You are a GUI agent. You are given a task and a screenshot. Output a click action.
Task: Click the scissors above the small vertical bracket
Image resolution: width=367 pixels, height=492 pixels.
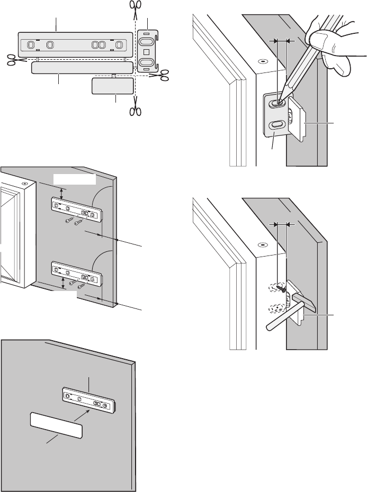tap(135, 9)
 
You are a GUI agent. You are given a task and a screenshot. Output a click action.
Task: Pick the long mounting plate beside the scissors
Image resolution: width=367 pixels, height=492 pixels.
tap(74, 44)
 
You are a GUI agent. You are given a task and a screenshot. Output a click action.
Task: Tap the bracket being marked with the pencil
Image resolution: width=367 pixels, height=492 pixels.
tap(275, 114)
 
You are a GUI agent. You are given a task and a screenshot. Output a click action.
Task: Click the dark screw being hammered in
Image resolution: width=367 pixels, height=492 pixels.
tap(285, 289)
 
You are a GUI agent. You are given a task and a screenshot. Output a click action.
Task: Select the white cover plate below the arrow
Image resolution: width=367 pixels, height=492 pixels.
tap(56, 426)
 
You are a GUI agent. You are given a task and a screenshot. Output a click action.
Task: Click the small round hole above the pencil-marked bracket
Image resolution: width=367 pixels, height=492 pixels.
tap(261, 60)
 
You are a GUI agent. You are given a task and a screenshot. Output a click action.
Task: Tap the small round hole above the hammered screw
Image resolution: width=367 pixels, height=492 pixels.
tap(261, 245)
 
